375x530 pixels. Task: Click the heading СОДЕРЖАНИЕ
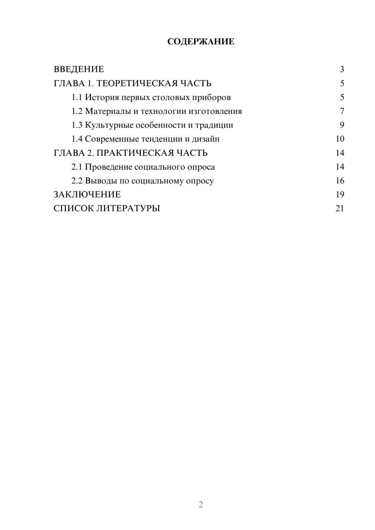tap(201, 42)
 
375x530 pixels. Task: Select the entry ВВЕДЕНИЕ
tap(79, 69)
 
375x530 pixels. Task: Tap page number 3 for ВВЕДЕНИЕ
tap(342, 69)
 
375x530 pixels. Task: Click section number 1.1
tap(77, 97)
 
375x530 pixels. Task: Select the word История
tap(99, 97)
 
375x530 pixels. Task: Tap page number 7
tap(342, 111)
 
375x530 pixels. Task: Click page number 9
tap(342, 125)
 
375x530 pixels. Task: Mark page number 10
tap(340, 139)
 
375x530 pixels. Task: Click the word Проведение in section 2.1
tap(108, 167)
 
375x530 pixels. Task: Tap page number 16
tap(340, 181)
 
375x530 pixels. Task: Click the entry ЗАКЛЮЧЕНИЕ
tap(87, 195)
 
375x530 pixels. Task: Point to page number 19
tap(340, 195)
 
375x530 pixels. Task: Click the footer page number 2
tap(201, 505)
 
